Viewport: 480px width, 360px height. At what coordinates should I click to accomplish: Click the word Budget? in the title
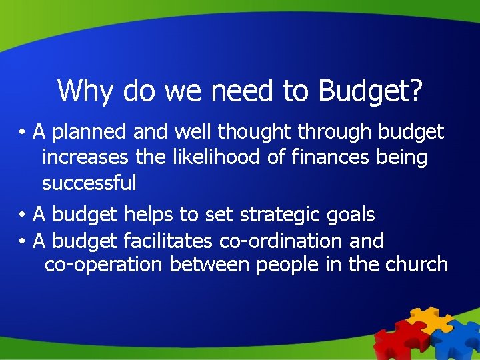coord(370,91)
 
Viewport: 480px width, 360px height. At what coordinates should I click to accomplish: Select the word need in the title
coord(244,91)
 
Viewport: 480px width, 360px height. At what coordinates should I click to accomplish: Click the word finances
coord(308,158)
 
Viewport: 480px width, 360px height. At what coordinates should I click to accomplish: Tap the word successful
coord(89,183)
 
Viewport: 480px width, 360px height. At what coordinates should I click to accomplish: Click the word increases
coord(85,158)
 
